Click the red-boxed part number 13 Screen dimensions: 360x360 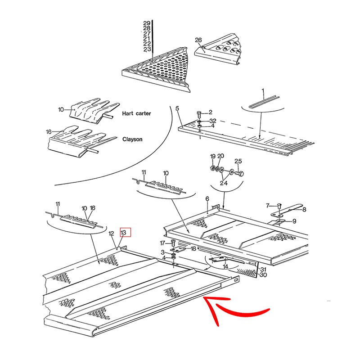point(123,232)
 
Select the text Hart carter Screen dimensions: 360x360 point(136,113)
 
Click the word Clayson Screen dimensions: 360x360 point(132,139)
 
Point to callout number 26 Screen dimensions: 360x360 point(198,40)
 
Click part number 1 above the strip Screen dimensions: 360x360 point(263,91)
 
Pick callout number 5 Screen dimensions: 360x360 point(177,108)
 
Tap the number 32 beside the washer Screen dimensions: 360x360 point(213,121)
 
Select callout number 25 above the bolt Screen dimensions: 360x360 point(238,161)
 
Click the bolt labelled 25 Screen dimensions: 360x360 point(239,173)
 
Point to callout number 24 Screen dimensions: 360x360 point(224,183)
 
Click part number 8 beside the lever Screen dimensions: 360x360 point(304,209)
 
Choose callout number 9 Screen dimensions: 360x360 point(294,221)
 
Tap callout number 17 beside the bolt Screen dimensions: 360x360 point(162,243)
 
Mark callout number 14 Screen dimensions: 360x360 point(225,266)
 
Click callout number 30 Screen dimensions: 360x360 point(263,274)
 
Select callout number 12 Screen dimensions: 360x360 point(111,234)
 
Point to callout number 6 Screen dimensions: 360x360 point(207,198)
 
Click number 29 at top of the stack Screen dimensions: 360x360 point(147,23)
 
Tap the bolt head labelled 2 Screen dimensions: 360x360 point(199,114)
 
